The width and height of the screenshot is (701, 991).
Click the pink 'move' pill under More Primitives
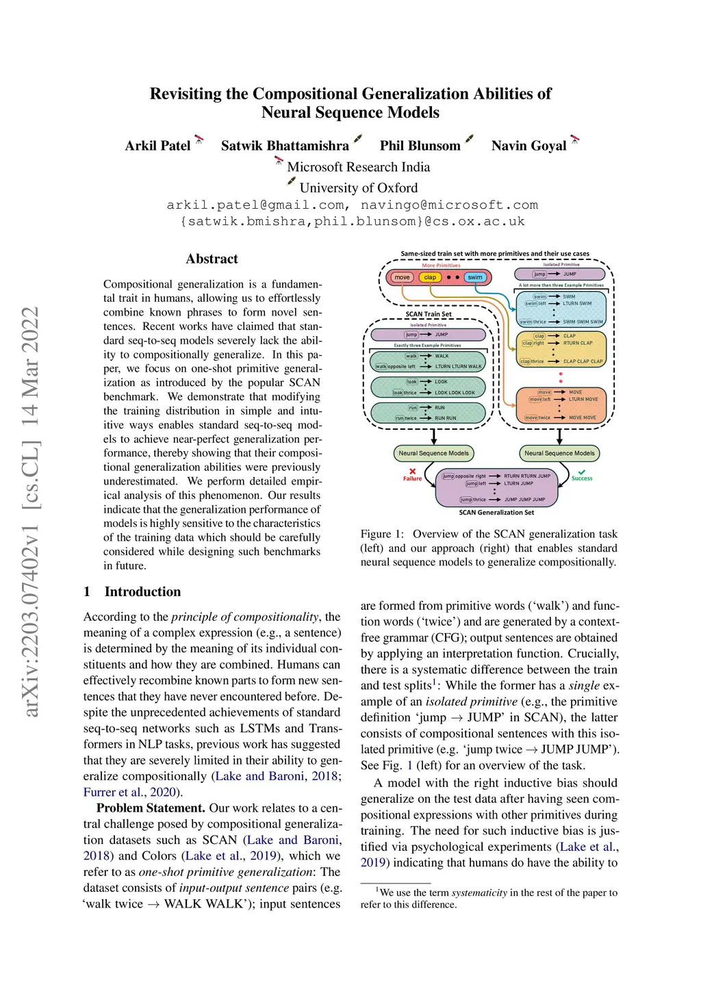402,277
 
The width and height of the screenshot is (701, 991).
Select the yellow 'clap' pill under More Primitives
430,277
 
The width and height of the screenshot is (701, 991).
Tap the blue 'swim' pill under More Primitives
475,277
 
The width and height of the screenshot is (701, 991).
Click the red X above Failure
412,472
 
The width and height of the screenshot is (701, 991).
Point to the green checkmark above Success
582,472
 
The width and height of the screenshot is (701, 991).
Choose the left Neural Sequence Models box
433,453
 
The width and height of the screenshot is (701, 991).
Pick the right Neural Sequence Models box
559,453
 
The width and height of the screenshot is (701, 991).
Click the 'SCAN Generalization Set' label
496,512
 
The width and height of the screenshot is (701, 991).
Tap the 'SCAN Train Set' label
429,314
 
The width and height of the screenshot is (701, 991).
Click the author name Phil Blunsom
420,146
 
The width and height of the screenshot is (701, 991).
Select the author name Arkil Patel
157,146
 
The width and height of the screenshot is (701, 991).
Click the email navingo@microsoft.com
449,205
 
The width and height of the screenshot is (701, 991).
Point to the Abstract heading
212,259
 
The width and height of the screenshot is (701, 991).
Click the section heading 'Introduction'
142,591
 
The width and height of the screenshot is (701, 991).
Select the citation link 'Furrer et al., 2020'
129,792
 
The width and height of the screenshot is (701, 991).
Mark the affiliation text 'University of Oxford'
358,188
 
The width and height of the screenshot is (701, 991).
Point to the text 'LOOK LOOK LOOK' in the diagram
455,393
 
